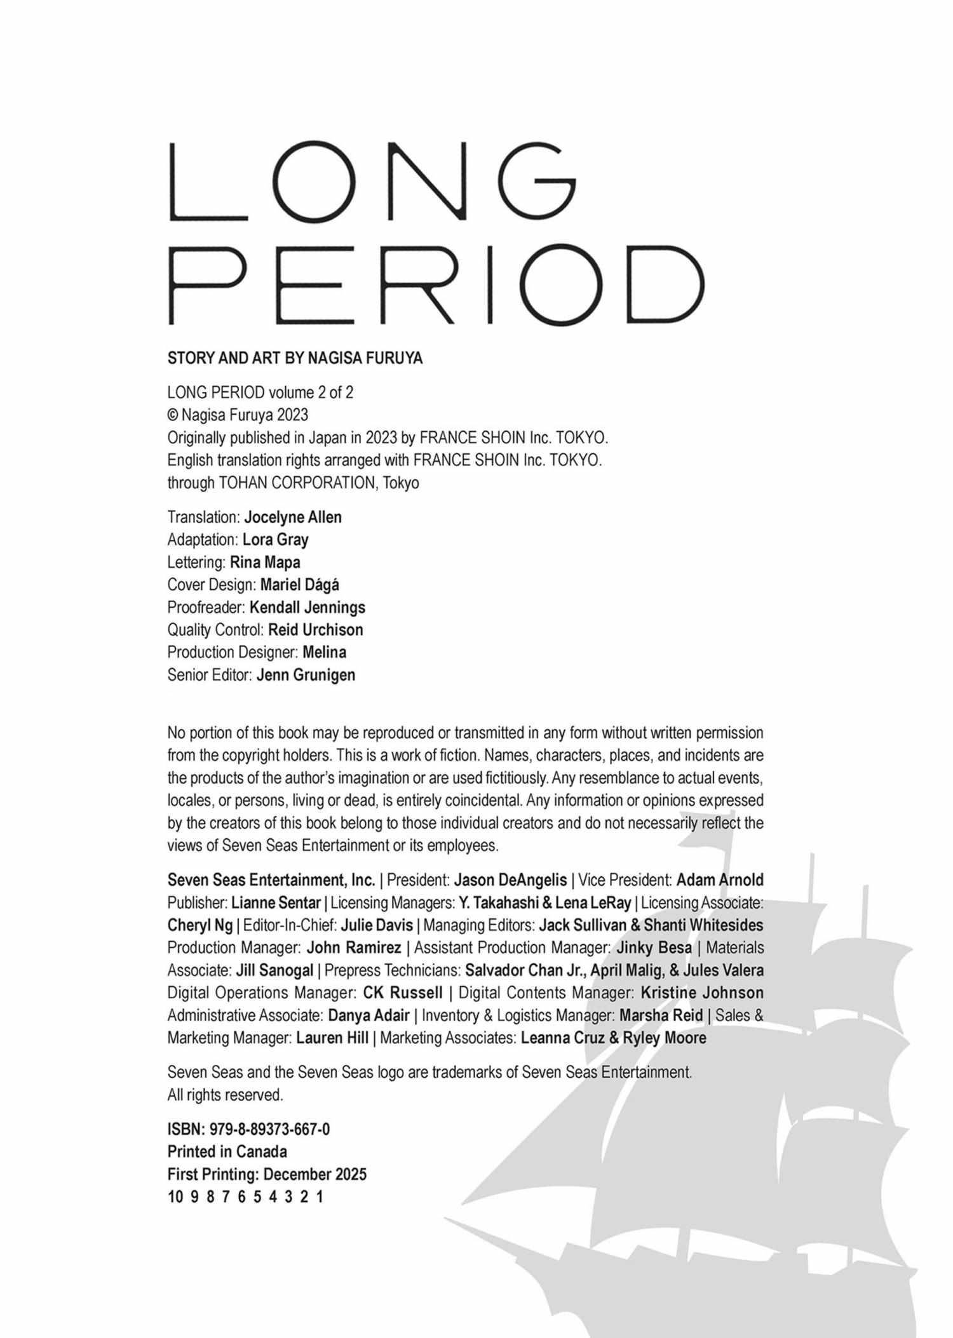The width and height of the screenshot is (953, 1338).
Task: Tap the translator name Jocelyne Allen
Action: (293, 517)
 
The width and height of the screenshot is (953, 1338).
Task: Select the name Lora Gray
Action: (276, 540)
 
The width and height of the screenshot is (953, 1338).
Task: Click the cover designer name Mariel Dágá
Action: (300, 584)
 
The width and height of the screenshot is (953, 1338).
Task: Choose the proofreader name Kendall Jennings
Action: (308, 607)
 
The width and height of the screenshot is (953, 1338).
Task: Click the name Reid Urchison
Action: (316, 630)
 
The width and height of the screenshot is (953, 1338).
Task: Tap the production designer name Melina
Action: (325, 652)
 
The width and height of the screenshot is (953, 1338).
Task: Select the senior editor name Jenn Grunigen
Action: (306, 675)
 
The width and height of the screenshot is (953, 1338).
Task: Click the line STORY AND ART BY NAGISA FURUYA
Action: (295, 359)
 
